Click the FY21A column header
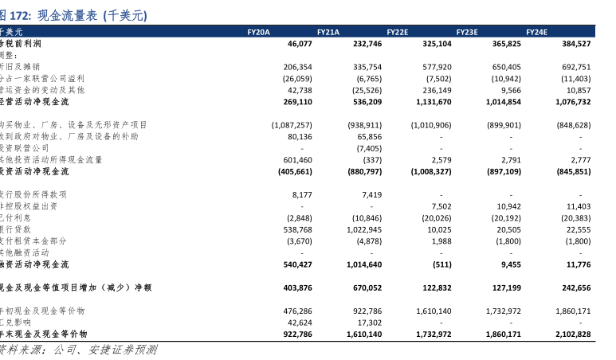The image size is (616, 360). point(328,32)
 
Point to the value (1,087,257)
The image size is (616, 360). point(292,125)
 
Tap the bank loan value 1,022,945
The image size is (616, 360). point(363,229)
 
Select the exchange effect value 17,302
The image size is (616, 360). point(369,323)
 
